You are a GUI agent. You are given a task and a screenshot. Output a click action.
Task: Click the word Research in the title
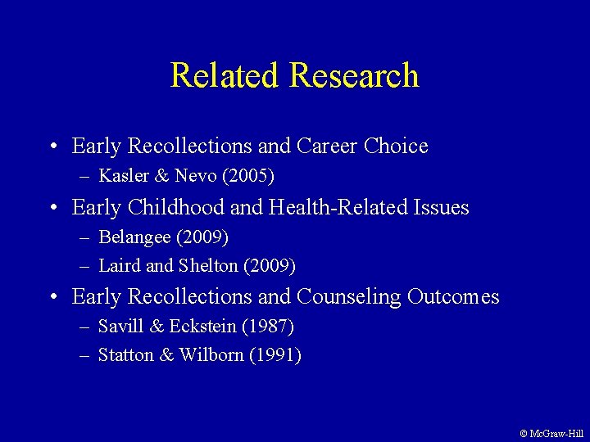pyautogui.click(x=354, y=76)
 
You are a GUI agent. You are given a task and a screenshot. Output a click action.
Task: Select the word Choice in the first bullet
pyautogui.click(x=396, y=147)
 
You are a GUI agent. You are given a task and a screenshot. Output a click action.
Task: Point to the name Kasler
pyautogui.click(x=120, y=176)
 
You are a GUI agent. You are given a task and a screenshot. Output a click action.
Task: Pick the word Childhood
pyautogui.click(x=177, y=208)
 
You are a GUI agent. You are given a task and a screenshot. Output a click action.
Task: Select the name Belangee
pyautogui.click(x=130, y=237)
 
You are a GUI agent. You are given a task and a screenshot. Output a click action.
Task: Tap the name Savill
pyautogui.click(x=117, y=327)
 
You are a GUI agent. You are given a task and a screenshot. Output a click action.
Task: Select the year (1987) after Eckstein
pyautogui.click(x=268, y=327)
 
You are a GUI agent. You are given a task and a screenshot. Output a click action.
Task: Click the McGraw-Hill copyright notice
pyautogui.click(x=551, y=433)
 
